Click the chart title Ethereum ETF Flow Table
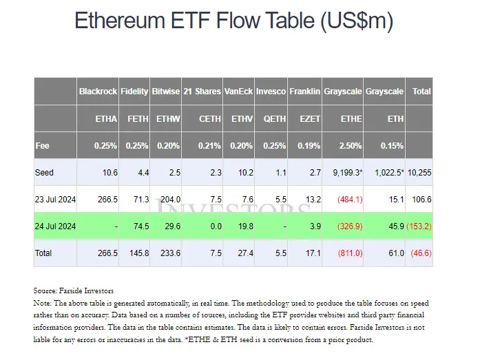click(234, 21)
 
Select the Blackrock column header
click(98, 92)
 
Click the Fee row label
click(43, 145)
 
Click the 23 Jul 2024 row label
click(55, 199)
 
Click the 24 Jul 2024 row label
click(55, 226)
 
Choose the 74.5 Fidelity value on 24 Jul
click(139, 226)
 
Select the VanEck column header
click(239, 92)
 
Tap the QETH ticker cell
click(275, 118)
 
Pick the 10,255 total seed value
click(419, 172)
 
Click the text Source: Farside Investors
click(74, 290)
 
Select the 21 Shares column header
click(202, 92)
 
